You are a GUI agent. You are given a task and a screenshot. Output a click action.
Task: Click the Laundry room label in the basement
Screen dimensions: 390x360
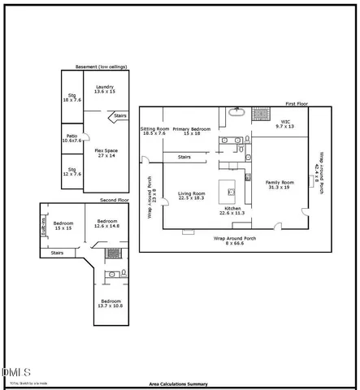point(105,89)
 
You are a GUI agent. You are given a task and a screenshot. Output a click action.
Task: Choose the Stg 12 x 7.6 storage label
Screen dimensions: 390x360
point(73,171)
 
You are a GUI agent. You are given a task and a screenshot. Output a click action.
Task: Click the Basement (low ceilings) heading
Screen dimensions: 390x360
point(101,66)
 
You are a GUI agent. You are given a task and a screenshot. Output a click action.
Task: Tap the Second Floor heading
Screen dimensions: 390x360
point(114,199)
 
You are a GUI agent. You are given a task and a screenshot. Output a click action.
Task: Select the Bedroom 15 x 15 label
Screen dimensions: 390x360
point(63,225)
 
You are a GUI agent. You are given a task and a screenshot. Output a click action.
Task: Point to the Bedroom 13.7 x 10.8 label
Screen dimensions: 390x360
point(110,302)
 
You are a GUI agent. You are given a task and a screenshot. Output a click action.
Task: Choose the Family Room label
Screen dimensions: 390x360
point(280,184)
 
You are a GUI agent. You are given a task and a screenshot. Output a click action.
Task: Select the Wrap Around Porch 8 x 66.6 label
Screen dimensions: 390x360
point(234,240)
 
